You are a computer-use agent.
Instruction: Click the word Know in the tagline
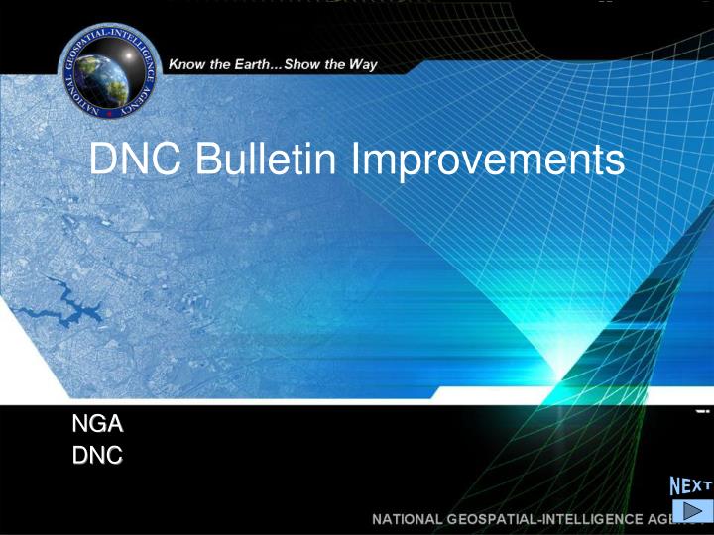(188, 65)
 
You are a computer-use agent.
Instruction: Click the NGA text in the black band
(97, 425)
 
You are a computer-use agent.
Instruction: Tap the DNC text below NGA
(97, 456)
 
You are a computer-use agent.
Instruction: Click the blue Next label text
(690, 485)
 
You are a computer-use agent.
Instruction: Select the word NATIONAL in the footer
(407, 519)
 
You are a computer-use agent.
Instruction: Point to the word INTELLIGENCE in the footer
(597, 519)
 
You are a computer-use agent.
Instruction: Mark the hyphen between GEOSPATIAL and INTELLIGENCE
(543, 519)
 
